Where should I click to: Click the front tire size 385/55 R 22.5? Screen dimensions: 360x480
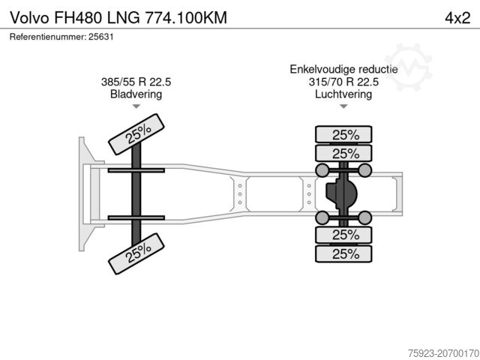click(136, 82)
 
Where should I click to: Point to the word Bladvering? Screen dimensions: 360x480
click(136, 94)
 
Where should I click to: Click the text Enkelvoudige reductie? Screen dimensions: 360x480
click(344, 69)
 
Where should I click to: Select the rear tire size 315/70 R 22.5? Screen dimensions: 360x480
click(344, 82)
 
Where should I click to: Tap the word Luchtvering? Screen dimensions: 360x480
click(344, 94)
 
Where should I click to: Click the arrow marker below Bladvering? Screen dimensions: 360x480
click(136, 107)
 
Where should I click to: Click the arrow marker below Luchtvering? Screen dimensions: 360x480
click(344, 107)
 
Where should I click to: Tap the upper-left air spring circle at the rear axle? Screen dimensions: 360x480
click(322, 170)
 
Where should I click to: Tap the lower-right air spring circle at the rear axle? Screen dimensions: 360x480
click(366, 217)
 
